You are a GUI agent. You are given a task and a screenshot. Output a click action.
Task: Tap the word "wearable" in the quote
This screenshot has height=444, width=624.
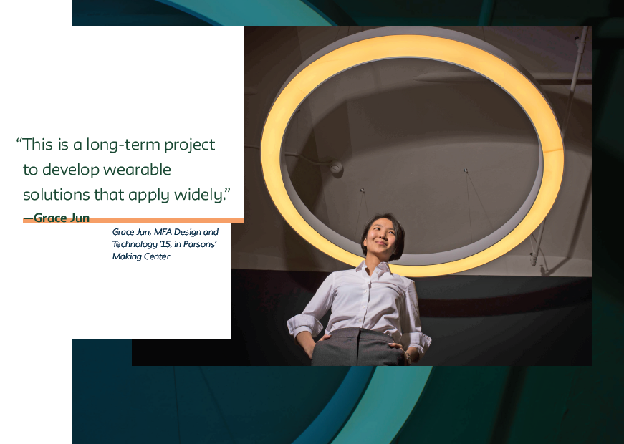click(x=137, y=170)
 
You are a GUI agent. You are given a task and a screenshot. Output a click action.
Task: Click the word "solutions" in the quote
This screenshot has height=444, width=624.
click(x=57, y=195)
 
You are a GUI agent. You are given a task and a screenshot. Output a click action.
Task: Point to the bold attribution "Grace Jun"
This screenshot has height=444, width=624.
click(x=62, y=218)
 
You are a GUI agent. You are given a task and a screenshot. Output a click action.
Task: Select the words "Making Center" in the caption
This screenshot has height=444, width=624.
click(x=141, y=256)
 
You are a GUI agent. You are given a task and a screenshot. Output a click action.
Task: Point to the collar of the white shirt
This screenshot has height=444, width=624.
click(x=374, y=268)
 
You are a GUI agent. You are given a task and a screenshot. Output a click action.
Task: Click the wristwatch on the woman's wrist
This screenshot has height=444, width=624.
click(x=408, y=357)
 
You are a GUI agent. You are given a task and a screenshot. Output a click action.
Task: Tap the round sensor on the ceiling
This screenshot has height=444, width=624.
click(x=336, y=168)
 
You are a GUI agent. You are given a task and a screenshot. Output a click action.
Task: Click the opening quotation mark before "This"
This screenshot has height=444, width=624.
click(x=19, y=140)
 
